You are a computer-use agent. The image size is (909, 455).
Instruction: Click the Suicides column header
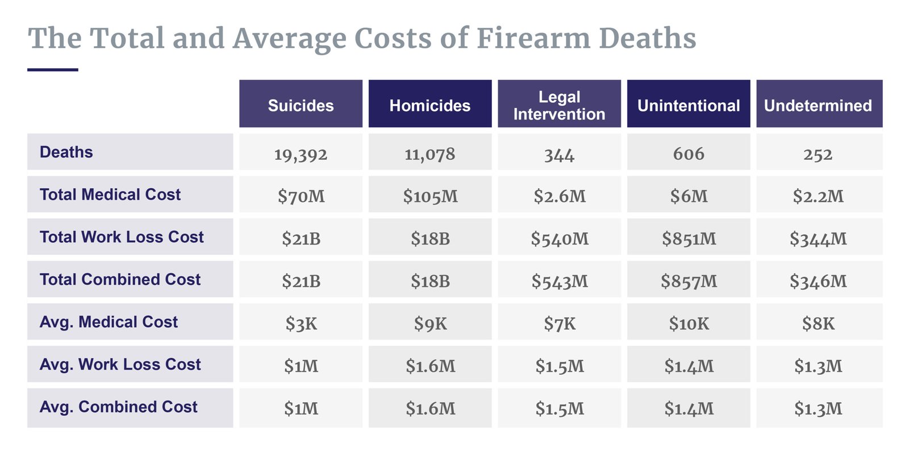(x=301, y=105)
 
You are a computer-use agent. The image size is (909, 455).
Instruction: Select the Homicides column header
(x=430, y=105)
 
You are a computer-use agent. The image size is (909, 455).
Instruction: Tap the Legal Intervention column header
(x=559, y=105)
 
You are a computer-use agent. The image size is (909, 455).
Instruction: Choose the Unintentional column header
(x=689, y=105)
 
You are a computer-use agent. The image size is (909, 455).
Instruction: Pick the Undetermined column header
(x=818, y=105)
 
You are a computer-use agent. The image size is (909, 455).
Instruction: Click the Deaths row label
(x=66, y=152)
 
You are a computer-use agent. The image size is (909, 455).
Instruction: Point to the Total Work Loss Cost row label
(x=122, y=237)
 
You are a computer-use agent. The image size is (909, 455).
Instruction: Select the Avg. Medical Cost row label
(x=109, y=322)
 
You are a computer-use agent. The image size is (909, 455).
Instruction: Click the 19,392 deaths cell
(x=301, y=154)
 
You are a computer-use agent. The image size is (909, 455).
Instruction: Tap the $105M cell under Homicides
(x=430, y=196)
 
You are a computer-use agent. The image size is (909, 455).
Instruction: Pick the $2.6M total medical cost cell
(x=559, y=196)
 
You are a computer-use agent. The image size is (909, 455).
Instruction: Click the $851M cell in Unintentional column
(x=689, y=239)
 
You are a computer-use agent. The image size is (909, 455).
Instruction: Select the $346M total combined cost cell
(x=818, y=281)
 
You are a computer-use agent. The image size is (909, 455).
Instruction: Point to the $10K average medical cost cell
(x=689, y=324)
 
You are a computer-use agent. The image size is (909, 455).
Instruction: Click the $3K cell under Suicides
(x=301, y=324)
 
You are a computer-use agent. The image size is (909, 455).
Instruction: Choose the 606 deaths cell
(x=689, y=154)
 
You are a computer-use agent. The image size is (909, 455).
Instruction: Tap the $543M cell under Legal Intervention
(x=559, y=281)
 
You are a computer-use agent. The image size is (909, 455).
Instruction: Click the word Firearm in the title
(x=532, y=39)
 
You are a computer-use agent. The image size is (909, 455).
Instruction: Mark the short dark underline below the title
(x=53, y=70)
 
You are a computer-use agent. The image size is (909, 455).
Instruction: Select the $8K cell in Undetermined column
(x=818, y=324)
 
